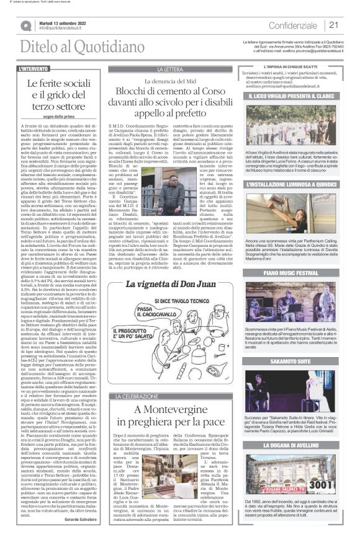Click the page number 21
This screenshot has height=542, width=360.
tap(333, 25)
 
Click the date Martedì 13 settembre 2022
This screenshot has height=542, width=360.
tap(66, 22)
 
